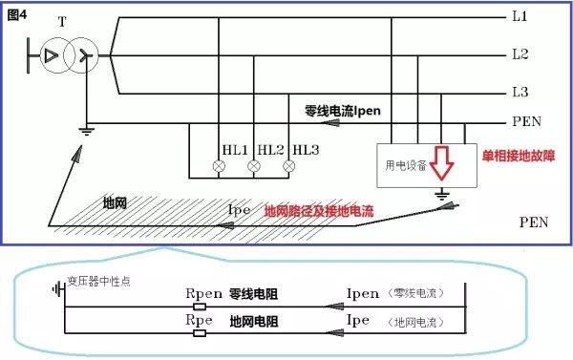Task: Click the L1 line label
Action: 520,17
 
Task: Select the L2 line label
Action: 520,54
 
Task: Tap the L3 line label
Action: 520,92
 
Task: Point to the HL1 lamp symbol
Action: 219,167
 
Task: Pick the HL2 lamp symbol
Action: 254,167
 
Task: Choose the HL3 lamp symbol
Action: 289,167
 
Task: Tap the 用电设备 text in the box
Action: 405,165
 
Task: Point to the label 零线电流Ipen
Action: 341,110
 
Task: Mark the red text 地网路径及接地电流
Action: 320,208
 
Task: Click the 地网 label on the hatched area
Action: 117,203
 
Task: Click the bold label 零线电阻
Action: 253,293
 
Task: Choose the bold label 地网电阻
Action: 253,323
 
